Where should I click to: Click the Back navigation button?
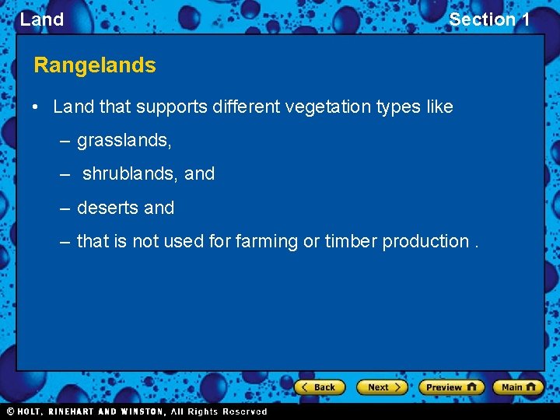320,387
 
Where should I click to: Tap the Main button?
518,387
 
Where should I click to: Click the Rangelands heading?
95,65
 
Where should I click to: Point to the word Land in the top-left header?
42,19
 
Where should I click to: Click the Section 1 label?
489,19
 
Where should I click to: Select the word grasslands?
124,141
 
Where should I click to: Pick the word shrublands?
130,174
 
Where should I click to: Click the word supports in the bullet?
176,107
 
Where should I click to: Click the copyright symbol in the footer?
11,411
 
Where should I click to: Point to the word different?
248,107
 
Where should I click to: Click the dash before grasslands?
65,141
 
